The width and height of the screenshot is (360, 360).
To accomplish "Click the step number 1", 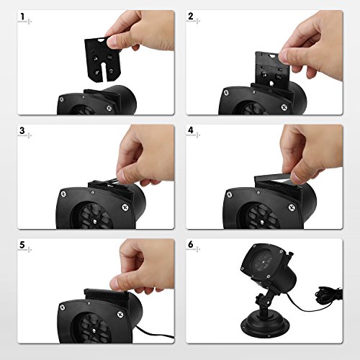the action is (x=22, y=17).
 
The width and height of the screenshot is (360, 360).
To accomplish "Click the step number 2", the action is (x=191, y=17).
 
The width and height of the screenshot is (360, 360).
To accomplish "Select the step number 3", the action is (x=22, y=130).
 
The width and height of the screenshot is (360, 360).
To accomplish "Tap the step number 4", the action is (x=191, y=130).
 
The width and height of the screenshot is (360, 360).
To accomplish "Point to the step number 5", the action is (x=22, y=245).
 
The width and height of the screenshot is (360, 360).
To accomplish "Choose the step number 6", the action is (x=191, y=245).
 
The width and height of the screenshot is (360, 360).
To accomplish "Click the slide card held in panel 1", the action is (x=103, y=60).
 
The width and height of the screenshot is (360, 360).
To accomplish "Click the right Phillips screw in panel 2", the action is (x=284, y=107).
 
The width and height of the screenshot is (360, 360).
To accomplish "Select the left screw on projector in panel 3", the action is (x=63, y=194).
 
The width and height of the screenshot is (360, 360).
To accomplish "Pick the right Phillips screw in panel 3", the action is (x=125, y=207).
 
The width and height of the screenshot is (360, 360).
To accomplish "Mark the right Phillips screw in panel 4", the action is (x=292, y=207).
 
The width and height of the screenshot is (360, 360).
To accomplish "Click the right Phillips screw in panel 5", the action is (x=120, y=314).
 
